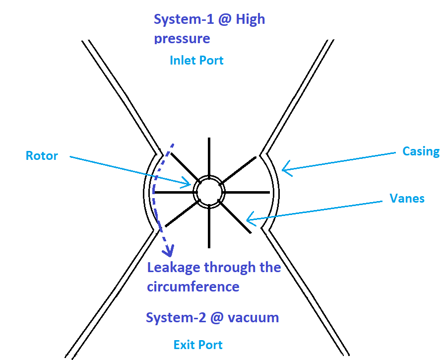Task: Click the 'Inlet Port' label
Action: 196,61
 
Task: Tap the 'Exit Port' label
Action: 198,345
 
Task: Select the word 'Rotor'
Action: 42,156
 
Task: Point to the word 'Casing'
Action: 421,151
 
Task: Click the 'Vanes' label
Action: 407,199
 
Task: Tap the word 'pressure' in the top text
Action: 182,39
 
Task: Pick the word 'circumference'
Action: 193,287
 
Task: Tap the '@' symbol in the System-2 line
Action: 213,317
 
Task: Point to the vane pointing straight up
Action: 209,156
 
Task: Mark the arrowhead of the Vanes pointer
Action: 250,219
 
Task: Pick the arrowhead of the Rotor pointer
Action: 188,184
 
